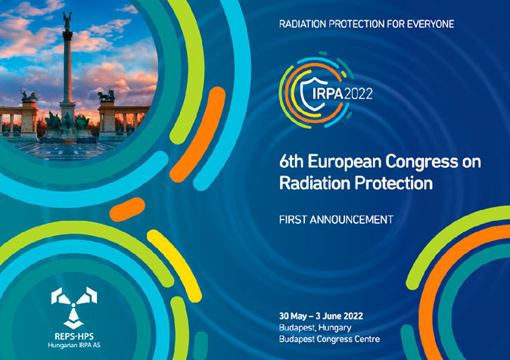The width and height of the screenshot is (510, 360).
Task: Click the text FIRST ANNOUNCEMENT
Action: (336, 220)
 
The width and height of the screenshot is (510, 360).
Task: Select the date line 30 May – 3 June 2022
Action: (321, 316)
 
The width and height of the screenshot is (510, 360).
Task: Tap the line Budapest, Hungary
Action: (316, 327)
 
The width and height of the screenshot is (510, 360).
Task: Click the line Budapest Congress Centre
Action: (329, 339)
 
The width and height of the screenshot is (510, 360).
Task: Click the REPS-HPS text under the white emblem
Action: (74, 337)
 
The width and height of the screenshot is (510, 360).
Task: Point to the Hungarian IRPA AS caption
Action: (74, 346)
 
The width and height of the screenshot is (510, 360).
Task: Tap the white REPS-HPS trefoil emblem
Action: (74, 307)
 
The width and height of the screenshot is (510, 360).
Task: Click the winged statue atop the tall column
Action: (67, 21)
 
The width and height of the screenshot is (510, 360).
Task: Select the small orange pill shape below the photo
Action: (127, 209)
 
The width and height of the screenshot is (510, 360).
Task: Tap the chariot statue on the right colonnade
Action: (107, 95)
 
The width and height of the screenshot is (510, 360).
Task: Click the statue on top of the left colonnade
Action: (29, 96)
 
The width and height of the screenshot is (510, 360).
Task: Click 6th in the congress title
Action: (291, 162)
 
